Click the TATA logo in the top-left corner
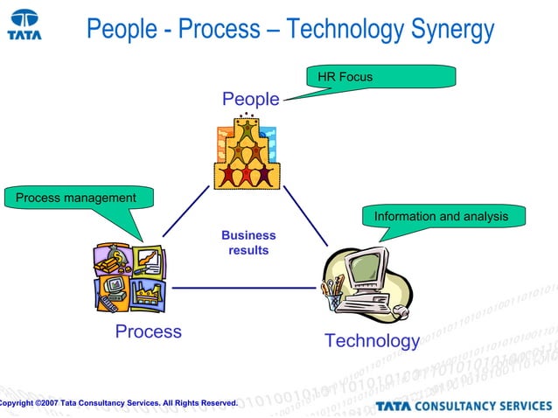[25, 24]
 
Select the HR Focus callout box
[381, 77]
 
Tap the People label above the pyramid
[250, 100]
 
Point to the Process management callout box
[77, 198]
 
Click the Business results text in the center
[248, 243]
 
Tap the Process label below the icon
[149, 331]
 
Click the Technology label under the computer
[372, 340]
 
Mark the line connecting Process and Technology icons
[243, 287]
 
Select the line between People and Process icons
[185, 212]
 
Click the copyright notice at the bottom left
[119, 402]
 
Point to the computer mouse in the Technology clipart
[400, 310]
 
